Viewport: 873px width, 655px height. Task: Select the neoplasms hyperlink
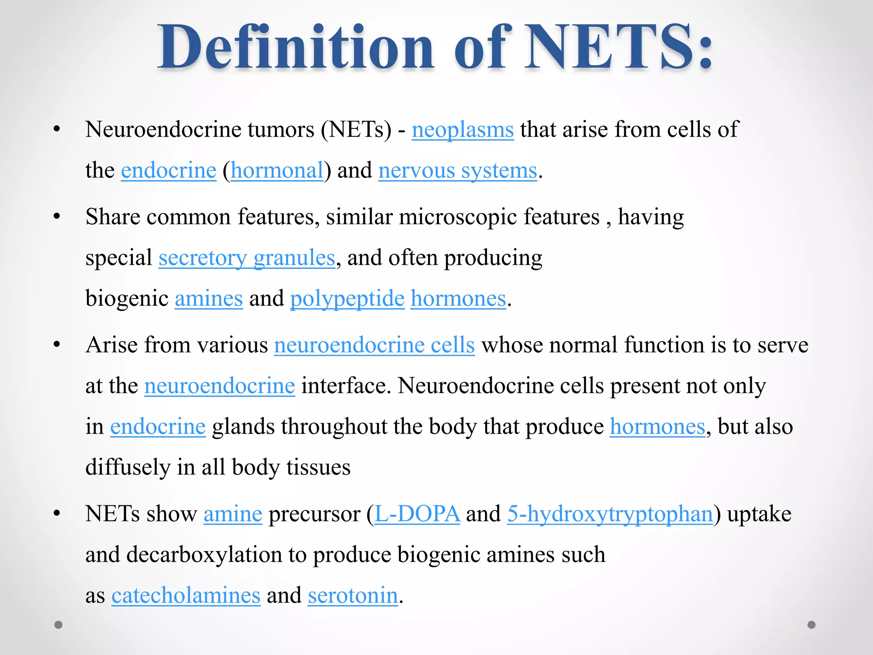click(x=463, y=130)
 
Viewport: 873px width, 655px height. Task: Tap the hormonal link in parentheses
click(x=277, y=171)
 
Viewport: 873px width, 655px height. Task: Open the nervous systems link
click(x=457, y=171)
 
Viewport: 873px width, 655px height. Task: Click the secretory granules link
click(x=247, y=258)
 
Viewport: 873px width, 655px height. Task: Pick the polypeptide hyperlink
click(x=347, y=299)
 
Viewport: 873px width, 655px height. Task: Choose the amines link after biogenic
click(x=208, y=299)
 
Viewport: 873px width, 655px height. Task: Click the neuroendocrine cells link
click(x=374, y=345)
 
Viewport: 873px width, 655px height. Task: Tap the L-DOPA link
click(x=417, y=514)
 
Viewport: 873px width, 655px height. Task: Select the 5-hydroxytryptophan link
click(x=610, y=514)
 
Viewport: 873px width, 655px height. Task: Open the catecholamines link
click(x=186, y=595)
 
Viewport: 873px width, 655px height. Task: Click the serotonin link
click(x=353, y=595)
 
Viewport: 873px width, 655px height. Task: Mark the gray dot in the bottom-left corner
click(x=58, y=625)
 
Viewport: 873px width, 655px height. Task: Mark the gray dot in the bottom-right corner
click(x=812, y=625)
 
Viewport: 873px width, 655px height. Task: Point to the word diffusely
click(x=127, y=467)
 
